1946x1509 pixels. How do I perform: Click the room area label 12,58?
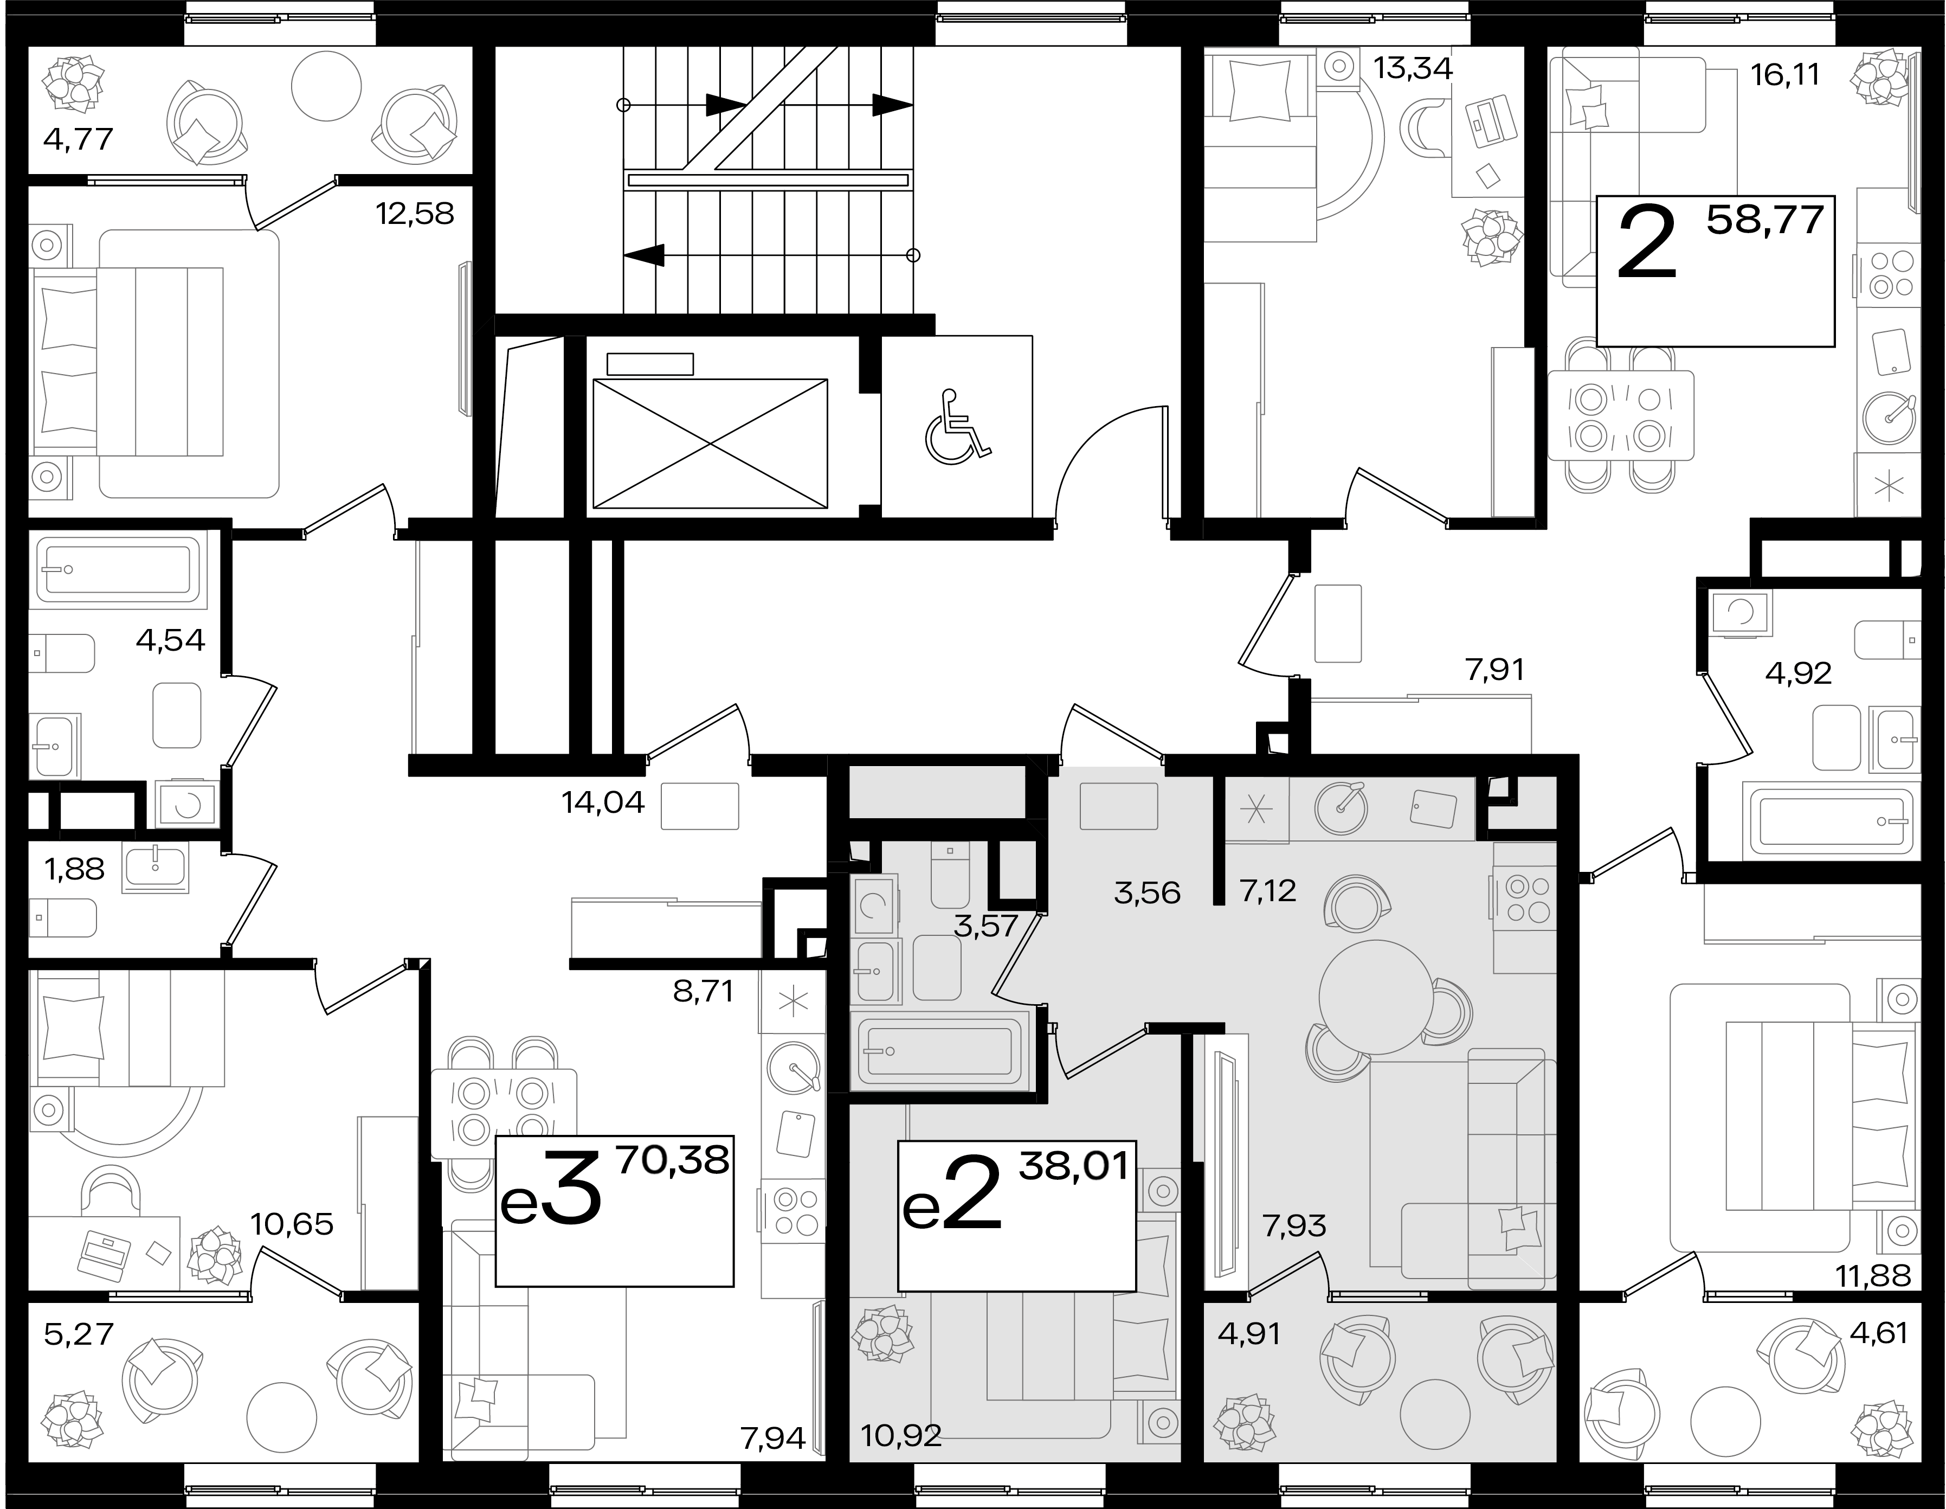pos(415,214)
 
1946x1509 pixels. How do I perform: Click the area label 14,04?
pos(603,803)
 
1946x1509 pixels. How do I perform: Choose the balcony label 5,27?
pos(79,1334)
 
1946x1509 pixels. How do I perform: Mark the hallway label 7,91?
pos(1495,669)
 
